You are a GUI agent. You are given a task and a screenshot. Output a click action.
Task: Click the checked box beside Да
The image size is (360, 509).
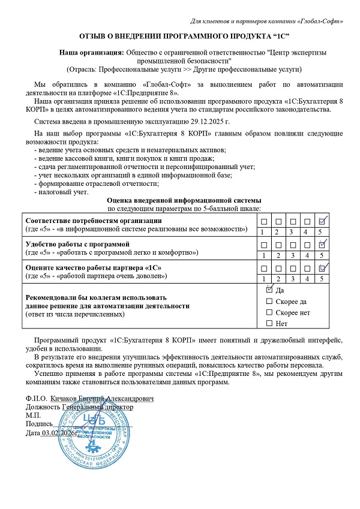(x=269, y=290)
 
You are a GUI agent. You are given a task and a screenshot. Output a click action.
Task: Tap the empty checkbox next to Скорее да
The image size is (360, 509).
(x=269, y=301)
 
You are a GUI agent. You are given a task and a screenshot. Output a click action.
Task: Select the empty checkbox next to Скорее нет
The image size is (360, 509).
(x=269, y=312)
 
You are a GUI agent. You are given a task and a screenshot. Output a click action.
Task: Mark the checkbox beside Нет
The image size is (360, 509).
(x=269, y=324)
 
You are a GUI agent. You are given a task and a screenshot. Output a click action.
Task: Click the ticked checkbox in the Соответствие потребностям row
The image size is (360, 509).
(x=322, y=222)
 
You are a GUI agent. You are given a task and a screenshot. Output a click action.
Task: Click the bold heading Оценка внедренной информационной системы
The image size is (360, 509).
(x=183, y=200)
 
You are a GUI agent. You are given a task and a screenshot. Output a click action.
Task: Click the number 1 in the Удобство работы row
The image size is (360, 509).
(x=263, y=255)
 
